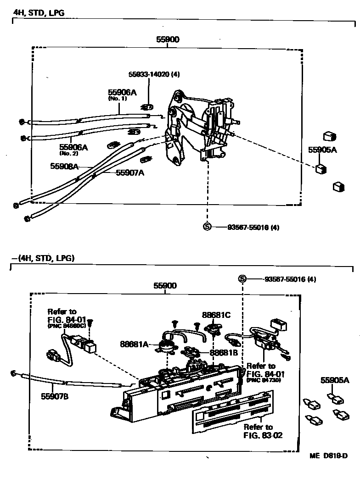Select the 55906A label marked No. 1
[x=122, y=93]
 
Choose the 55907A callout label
[x=130, y=172]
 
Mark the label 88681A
[x=134, y=344]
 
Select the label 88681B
[x=223, y=353]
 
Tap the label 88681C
[x=216, y=315]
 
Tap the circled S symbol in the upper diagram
[x=207, y=227]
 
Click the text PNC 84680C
[x=67, y=326]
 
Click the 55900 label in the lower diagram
[x=165, y=285]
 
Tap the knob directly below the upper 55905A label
[x=321, y=169]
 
